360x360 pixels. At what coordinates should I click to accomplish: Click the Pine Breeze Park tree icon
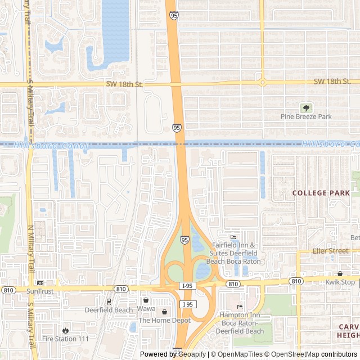[x=306, y=107]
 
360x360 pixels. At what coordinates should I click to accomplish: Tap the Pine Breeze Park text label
[x=306, y=116]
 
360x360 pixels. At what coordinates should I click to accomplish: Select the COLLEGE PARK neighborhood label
[x=321, y=193]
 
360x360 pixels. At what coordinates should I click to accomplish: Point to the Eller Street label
[x=331, y=251]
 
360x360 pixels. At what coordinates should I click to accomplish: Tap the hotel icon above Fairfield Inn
[x=233, y=237]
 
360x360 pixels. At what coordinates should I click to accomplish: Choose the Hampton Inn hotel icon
[x=240, y=307]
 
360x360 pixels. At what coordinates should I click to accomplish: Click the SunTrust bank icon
[x=39, y=282]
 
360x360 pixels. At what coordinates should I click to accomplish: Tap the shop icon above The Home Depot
[x=164, y=312]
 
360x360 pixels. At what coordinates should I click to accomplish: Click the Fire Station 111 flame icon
[x=66, y=330]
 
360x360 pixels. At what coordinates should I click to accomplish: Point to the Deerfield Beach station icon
[x=109, y=301]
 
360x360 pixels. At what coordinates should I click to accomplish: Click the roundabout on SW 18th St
[x=262, y=83]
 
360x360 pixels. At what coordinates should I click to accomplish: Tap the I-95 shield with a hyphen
[x=188, y=286]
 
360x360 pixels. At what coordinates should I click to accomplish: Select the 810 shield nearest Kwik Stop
[x=296, y=281]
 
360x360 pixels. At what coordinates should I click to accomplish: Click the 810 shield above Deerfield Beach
[x=120, y=289]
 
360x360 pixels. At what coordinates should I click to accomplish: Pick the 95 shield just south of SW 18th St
[x=177, y=128]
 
